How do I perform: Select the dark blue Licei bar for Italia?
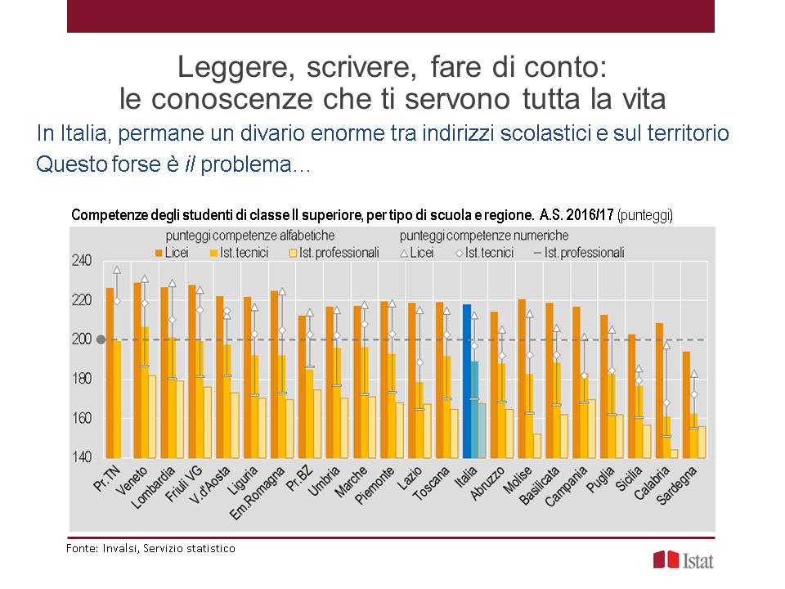[x=467, y=380]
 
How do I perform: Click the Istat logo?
[x=678, y=560]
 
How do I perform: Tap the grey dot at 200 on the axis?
[x=101, y=339]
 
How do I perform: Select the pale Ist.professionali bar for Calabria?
[x=675, y=453]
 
